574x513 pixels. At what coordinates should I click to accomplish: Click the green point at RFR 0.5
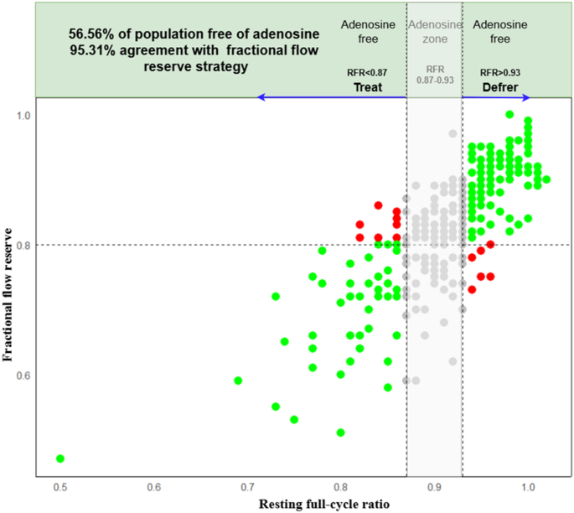59,459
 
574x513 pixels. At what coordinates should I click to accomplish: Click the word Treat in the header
368,86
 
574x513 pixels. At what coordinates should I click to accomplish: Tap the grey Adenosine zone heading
435,31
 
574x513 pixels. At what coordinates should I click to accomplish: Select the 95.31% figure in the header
90,53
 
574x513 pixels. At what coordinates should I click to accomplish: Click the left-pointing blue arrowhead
261,98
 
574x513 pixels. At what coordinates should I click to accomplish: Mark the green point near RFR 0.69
238,381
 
